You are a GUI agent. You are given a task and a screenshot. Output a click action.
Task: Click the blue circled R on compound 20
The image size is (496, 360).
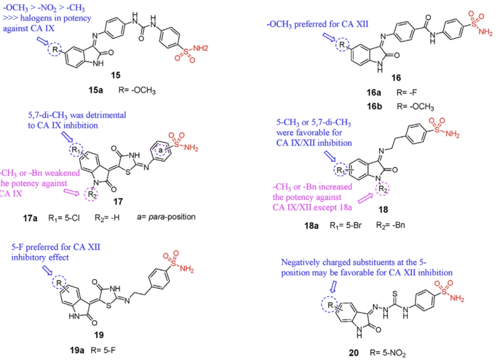click(x=330, y=306)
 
